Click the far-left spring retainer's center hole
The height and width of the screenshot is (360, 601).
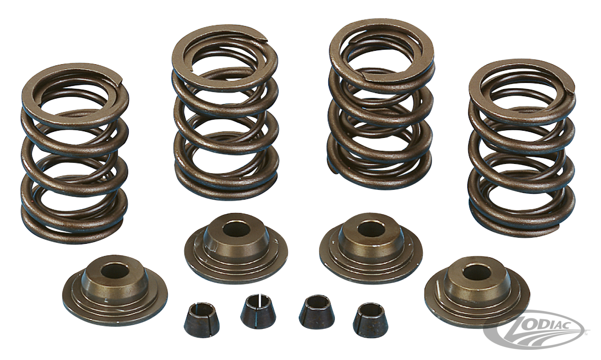[115, 271]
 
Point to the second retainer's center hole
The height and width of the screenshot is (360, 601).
[236, 229]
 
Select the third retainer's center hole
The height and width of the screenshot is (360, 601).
[371, 229]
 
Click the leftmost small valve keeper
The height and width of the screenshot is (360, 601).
[202, 320]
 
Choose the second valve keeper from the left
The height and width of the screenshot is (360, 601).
[259, 311]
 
